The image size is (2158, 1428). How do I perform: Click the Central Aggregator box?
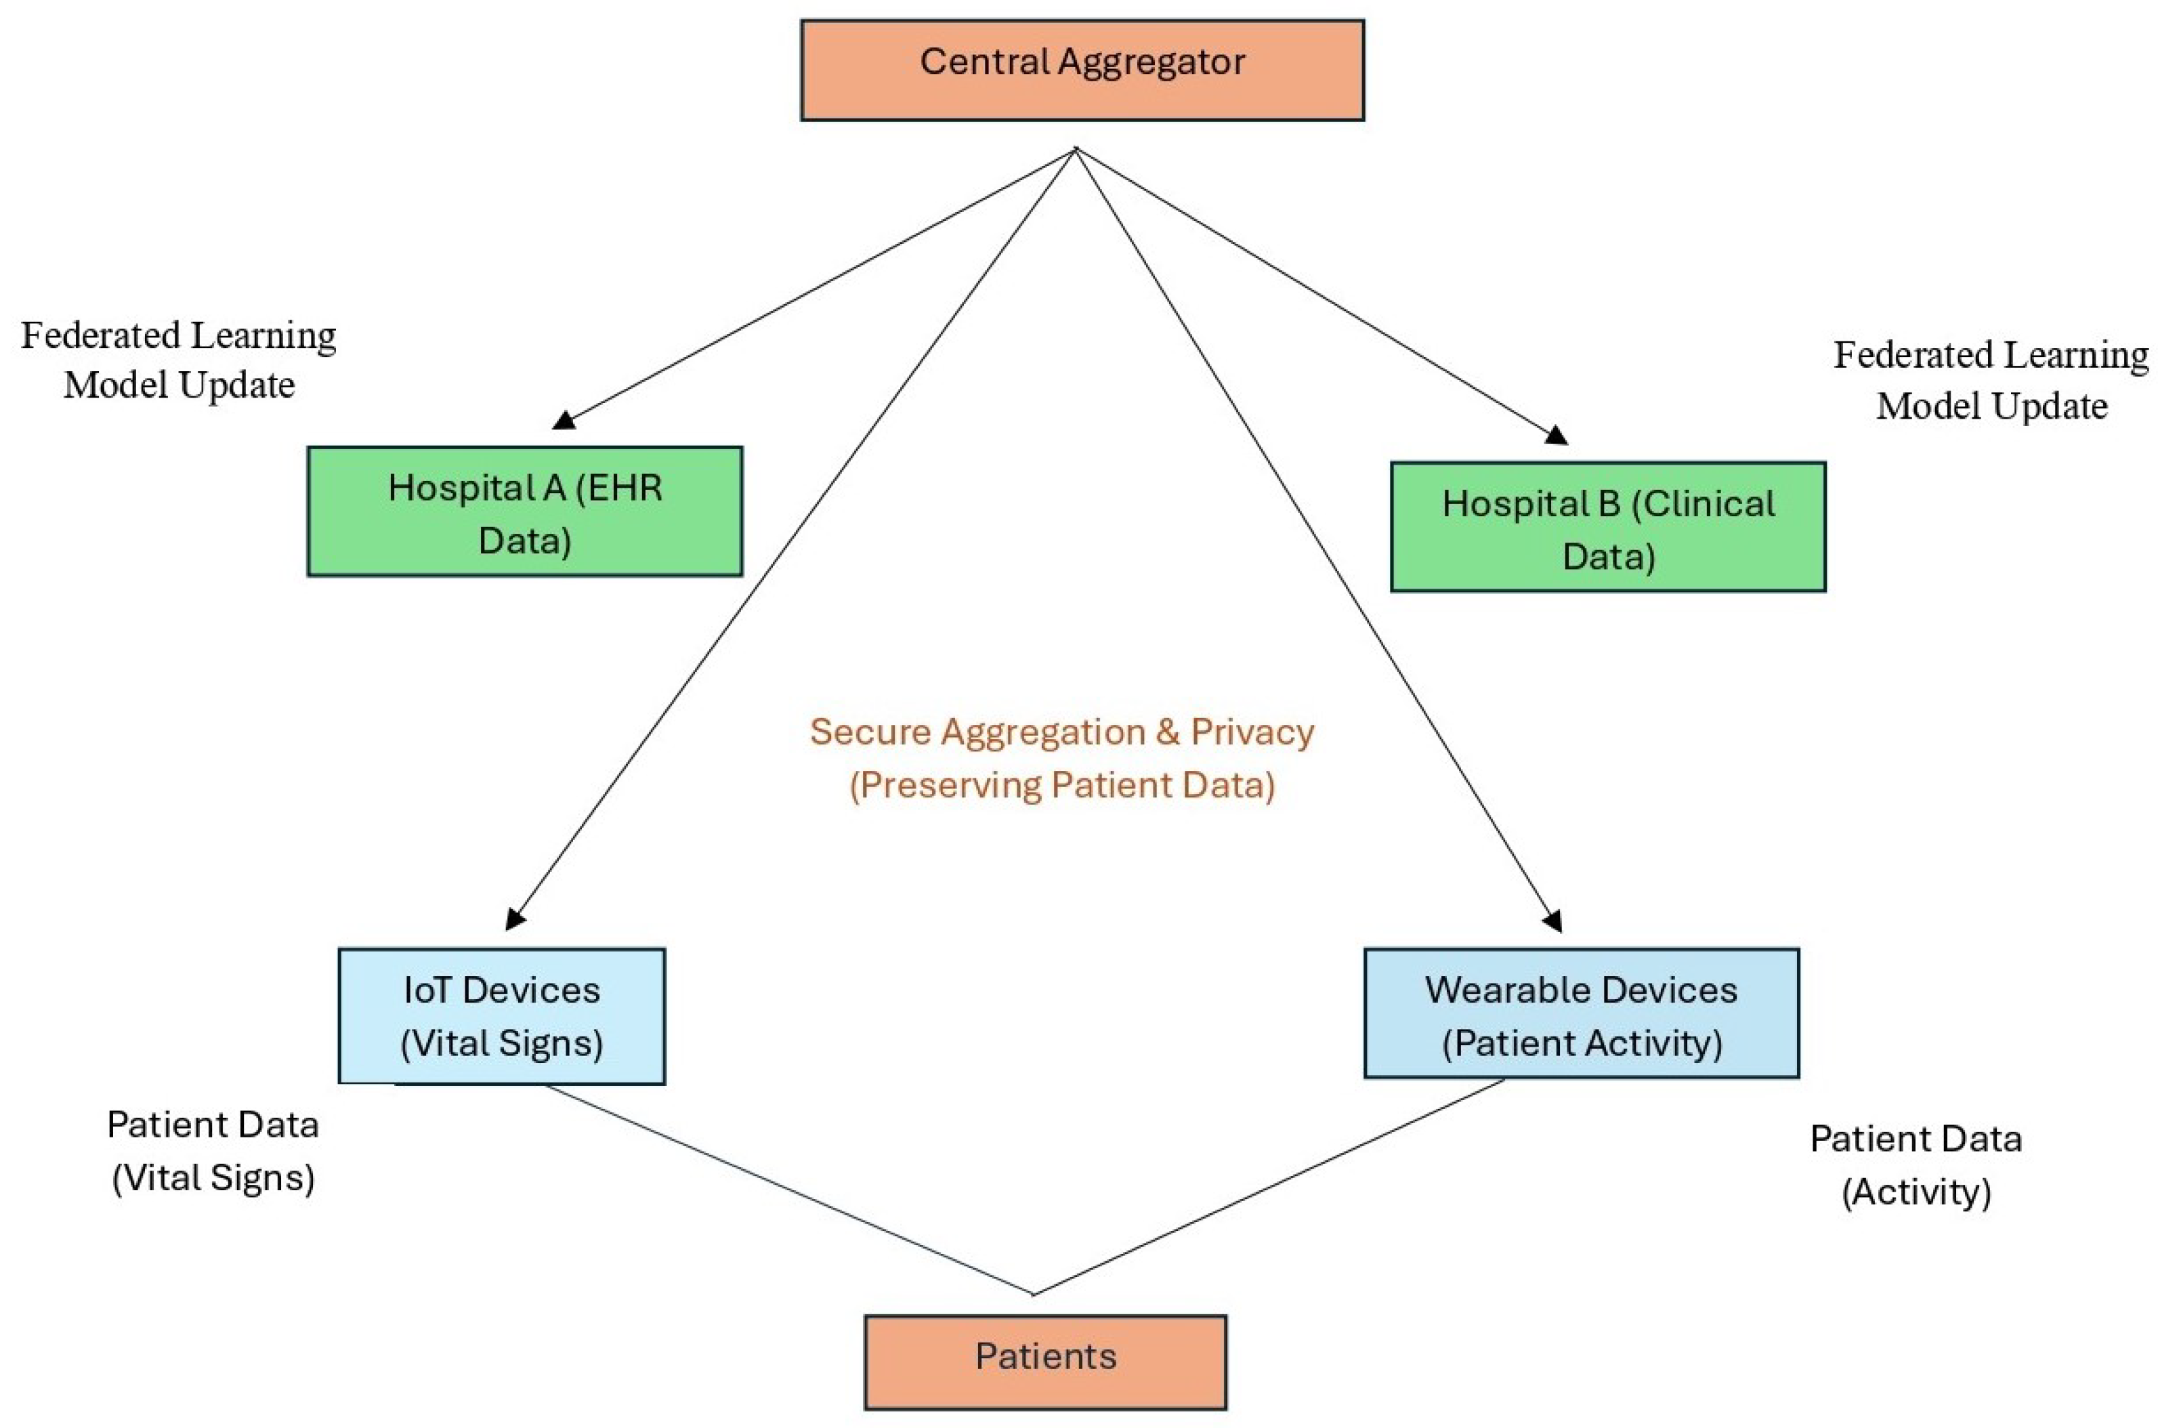(x=1082, y=70)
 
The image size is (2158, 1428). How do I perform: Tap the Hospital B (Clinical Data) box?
(x=1607, y=527)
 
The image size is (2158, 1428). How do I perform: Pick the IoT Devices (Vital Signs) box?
(x=502, y=1016)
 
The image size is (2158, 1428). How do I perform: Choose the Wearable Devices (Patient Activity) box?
(x=1581, y=1013)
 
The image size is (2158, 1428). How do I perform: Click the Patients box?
(x=1045, y=1362)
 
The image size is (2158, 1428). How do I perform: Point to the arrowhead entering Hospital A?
(x=564, y=420)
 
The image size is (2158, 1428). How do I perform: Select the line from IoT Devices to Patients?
(x=788, y=1188)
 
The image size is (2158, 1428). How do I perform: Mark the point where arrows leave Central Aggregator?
(x=1076, y=148)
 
